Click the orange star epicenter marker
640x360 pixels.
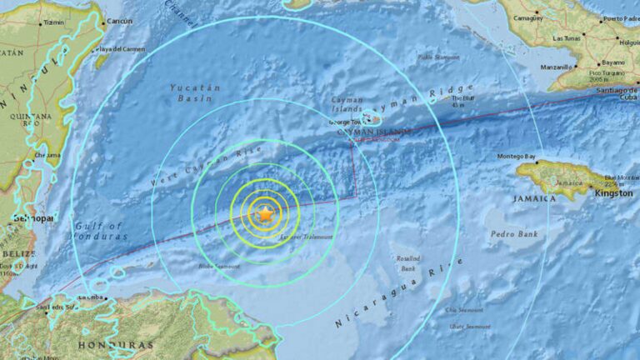coord(265,214)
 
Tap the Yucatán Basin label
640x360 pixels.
coord(195,92)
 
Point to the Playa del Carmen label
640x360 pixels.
coord(122,49)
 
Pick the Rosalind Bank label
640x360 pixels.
coord(408,264)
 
